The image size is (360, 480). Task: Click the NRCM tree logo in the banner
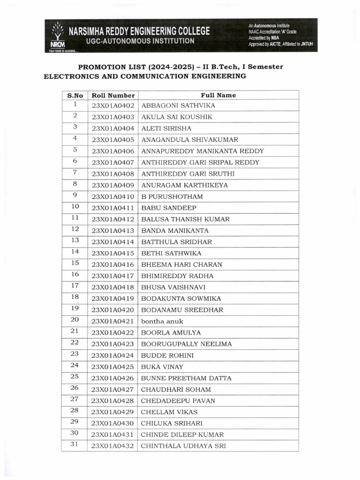click(56, 34)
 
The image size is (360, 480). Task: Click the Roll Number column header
click(113, 95)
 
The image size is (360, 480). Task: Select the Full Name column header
click(218, 95)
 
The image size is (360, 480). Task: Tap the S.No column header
click(75, 95)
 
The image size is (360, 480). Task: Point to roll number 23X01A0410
click(113, 196)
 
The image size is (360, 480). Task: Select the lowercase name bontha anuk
click(162, 321)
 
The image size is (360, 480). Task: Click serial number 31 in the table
click(75, 444)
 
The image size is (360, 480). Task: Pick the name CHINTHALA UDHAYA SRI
click(183, 446)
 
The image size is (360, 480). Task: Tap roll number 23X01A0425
click(113, 367)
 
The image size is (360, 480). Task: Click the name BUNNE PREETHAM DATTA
click(186, 378)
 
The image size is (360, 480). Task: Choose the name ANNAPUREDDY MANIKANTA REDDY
click(202, 151)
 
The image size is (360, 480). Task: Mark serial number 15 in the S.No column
click(75, 263)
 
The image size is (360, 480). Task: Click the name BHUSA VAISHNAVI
click(173, 287)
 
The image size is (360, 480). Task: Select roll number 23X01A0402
click(113, 106)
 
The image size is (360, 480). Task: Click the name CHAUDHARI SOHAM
click(176, 389)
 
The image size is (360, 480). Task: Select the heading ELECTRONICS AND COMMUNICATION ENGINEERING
click(145, 76)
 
